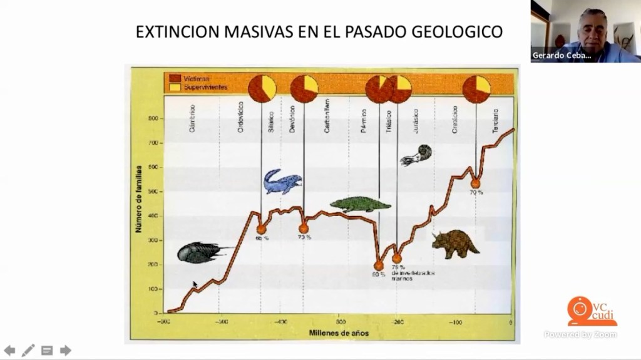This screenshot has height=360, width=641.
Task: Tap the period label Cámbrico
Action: pyautogui.click(x=192, y=119)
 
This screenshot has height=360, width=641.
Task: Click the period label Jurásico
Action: pyautogui.click(x=414, y=119)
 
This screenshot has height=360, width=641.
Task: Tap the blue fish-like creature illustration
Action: pyautogui.click(x=281, y=182)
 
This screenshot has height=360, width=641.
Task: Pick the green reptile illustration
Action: pyautogui.click(x=360, y=204)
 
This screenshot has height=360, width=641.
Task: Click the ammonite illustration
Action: pyautogui.click(x=416, y=155)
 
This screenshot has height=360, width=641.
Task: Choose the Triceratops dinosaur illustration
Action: pyautogui.click(x=455, y=243)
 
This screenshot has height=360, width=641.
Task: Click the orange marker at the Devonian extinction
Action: pyautogui.click(x=304, y=229)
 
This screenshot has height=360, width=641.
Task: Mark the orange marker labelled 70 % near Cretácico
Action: pyautogui.click(x=475, y=183)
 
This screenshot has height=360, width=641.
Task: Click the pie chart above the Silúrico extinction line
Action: pyautogui.click(x=262, y=88)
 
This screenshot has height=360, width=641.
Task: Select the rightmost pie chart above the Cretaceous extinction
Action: pyautogui.click(x=476, y=89)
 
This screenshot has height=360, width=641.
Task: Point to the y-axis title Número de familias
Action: pyautogui.click(x=139, y=199)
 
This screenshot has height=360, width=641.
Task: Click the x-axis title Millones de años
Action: pyautogui.click(x=339, y=332)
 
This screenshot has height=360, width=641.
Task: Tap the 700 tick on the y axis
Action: pyautogui.click(x=153, y=143)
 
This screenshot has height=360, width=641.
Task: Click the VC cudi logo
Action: pyautogui.click(x=591, y=312)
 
